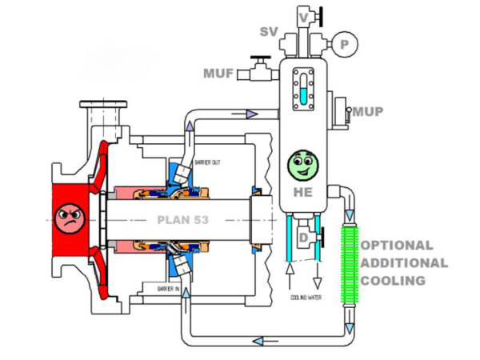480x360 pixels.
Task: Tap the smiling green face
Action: coord(302,165)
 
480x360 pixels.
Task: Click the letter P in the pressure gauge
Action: coord(345,46)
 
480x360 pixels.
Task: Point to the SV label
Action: coord(268,32)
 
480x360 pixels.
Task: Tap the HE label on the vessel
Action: coord(302,192)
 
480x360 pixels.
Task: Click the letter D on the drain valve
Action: coord(302,238)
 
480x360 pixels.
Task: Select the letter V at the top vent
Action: coord(303,16)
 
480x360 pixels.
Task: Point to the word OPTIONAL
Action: coord(398,246)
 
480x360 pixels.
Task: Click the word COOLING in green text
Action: coord(392,281)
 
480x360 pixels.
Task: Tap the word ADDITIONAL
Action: coord(404,263)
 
